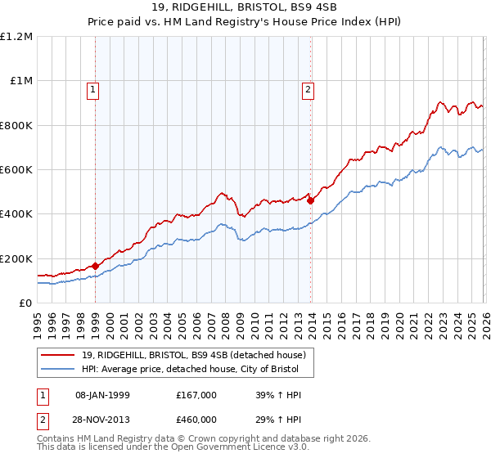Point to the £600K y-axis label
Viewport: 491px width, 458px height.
(x=16, y=170)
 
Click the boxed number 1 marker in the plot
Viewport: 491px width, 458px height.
(x=94, y=90)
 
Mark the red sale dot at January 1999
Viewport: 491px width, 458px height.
(x=95, y=266)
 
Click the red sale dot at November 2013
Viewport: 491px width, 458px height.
(x=310, y=200)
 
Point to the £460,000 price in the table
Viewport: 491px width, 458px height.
(x=196, y=420)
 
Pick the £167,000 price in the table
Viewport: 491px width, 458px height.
(x=196, y=395)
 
